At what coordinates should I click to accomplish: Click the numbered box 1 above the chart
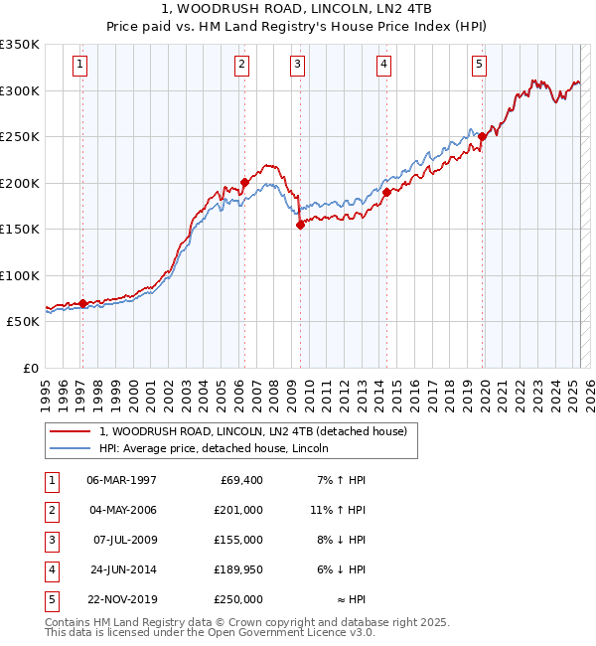coord(79,66)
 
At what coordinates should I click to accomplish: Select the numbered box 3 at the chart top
coord(297,66)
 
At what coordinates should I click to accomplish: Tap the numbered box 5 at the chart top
coord(479,66)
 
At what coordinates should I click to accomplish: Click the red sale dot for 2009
coord(299,226)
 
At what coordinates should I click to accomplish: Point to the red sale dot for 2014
coord(386,193)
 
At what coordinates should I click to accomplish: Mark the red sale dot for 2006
coord(243,183)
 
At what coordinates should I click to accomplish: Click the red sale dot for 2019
coord(482,137)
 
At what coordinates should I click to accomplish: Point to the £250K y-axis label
coord(20,137)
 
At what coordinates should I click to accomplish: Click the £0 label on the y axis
coord(30,369)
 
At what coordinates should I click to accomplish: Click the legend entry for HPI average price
coord(220,448)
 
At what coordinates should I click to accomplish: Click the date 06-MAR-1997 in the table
coord(121,480)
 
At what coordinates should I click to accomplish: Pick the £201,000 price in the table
coord(239,510)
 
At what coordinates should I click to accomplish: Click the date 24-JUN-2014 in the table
coord(121,569)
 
